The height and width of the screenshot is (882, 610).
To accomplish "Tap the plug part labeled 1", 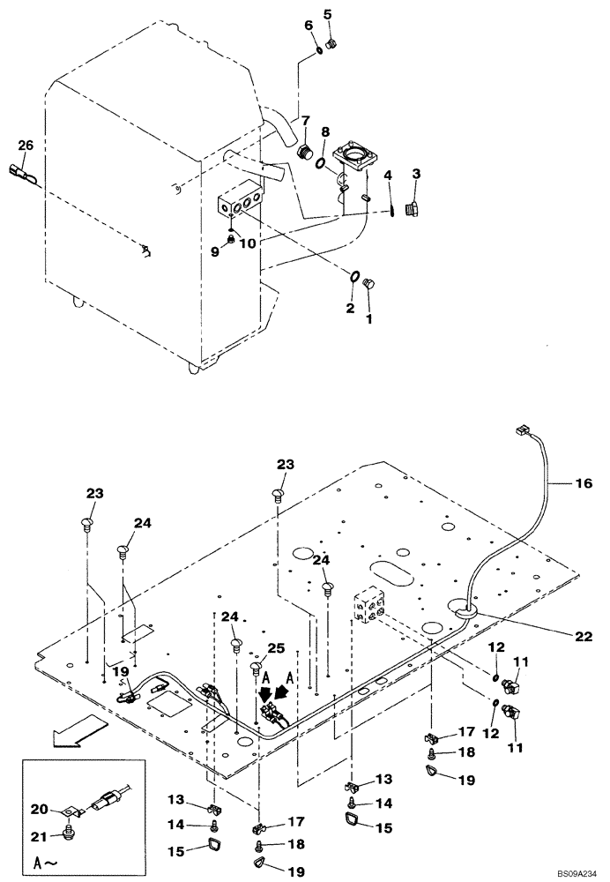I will click(x=369, y=283).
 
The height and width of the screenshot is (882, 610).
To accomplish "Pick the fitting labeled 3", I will click(x=412, y=208).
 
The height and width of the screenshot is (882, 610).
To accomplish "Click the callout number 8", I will click(x=325, y=132).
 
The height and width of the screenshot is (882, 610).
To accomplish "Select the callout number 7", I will click(x=306, y=119).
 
